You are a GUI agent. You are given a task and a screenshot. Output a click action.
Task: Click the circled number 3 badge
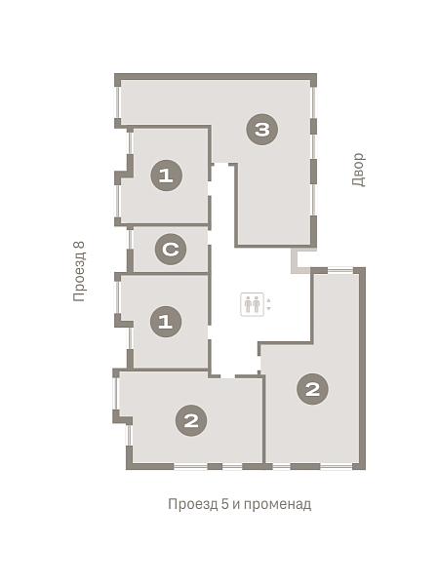[x=262, y=130]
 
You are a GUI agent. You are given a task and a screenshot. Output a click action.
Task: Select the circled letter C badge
[x=171, y=249]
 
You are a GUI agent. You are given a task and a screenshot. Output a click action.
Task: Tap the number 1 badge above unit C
[x=166, y=175]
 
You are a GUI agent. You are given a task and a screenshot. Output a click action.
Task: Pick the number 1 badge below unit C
[x=166, y=322]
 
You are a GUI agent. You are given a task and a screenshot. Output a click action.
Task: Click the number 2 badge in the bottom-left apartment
[x=191, y=421]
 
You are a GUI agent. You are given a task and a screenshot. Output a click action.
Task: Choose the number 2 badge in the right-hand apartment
[x=312, y=389]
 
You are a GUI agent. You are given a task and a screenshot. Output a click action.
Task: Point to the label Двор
[x=358, y=170]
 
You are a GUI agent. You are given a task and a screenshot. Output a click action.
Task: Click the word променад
[x=277, y=504]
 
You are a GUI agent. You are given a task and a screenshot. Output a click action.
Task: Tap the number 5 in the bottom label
[x=224, y=504]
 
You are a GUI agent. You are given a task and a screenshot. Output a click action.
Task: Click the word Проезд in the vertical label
[x=80, y=277]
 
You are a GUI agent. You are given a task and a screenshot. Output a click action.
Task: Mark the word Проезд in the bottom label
[x=192, y=504]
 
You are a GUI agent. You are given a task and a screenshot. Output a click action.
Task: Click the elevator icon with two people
[x=252, y=304]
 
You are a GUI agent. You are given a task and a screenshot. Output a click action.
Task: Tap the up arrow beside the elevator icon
[x=268, y=300]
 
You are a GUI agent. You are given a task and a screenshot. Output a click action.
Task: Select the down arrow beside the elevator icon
[x=268, y=309]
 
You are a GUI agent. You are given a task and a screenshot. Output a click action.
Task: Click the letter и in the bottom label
[x=236, y=505]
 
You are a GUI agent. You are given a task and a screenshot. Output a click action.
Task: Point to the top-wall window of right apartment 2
[x=340, y=270]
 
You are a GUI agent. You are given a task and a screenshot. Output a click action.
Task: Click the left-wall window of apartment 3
[x=118, y=102]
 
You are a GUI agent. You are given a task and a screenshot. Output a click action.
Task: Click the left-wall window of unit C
[x=130, y=240]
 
